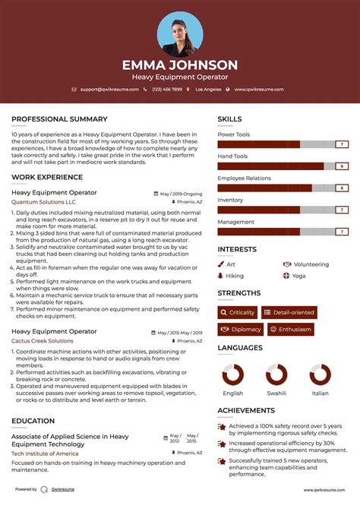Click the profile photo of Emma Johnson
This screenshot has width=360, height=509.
pyautogui.click(x=180, y=34)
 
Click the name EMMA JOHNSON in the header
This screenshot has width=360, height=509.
pyautogui.click(x=180, y=65)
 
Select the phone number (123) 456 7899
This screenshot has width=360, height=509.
pyautogui.click(x=166, y=89)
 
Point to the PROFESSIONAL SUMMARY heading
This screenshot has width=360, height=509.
pyautogui.click(x=59, y=119)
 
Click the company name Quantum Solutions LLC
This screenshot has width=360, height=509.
pyautogui.click(x=43, y=202)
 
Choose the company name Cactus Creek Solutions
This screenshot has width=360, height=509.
pyautogui.click(x=43, y=341)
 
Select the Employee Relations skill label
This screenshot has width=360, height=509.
pyautogui.click(x=244, y=178)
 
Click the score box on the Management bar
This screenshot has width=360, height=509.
pyautogui.click(x=342, y=231)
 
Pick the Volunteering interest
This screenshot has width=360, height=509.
pyautogui.click(x=311, y=264)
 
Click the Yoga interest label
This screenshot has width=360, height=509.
pyautogui.click(x=298, y=276)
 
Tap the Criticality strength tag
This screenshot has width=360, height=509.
pyautogui.click(x=237, y=312)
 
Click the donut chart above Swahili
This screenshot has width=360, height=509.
pyautogui.click(x=276, y=375)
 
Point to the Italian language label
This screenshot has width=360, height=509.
pyautogui.click(x=321, y=394)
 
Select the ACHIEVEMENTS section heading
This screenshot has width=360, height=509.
pyautogui.click(x=246, y=409)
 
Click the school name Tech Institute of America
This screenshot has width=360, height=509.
pyautogui.click(x=45, y=453)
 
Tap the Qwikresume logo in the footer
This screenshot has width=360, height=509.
pyautogui.click(x=44, y=490)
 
